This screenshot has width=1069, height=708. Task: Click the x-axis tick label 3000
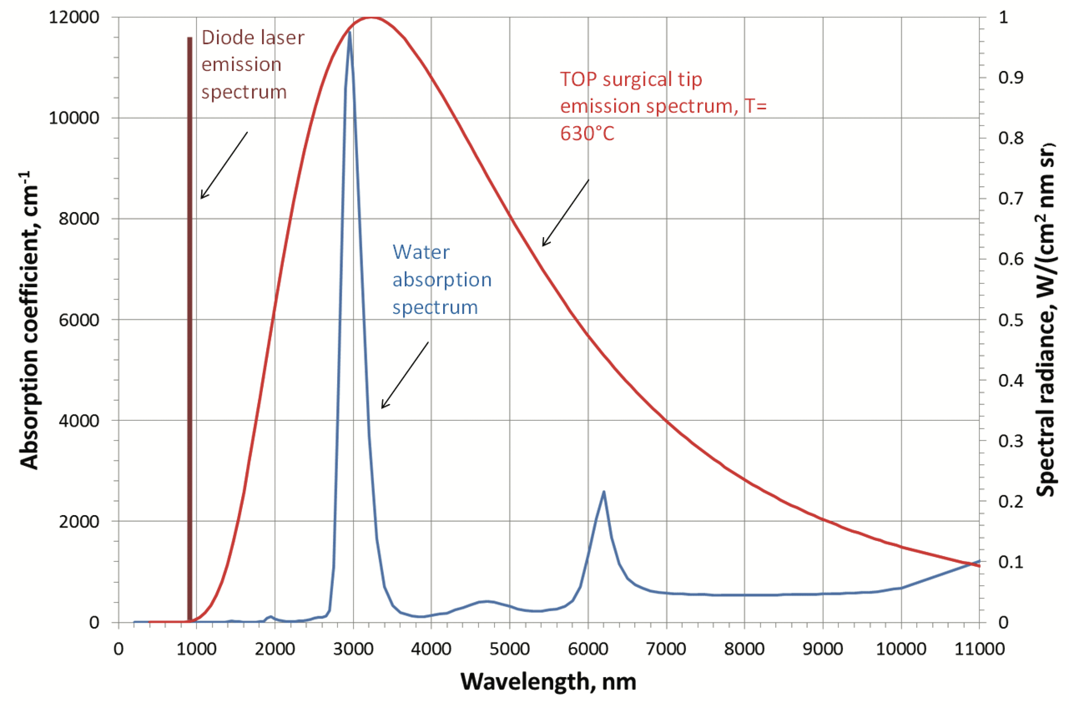coord(353,649)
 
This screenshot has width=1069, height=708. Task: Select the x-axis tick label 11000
coord(979,649)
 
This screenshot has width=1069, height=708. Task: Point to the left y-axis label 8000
coord(78,219)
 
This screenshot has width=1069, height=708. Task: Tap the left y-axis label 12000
coord(74,17)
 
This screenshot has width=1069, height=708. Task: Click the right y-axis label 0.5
coord(1010,320)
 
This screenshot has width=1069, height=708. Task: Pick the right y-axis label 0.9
coord(1010,78)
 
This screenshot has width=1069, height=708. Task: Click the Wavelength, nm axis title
coord(548,682)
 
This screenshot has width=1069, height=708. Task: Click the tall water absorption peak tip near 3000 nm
coord(349,33)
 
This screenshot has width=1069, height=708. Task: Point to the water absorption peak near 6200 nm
coord(603,492)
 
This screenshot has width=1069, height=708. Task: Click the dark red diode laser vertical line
coord(189,316)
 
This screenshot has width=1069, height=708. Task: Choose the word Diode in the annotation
coord(222,38)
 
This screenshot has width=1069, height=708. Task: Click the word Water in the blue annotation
coord(421,252)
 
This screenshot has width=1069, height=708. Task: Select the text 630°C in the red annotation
coord(587,134)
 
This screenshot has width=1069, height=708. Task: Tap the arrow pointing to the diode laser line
coord(224,165)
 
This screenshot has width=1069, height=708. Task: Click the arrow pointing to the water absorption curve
coord(405,375)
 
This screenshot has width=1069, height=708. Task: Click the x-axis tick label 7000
coord(666,649)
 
